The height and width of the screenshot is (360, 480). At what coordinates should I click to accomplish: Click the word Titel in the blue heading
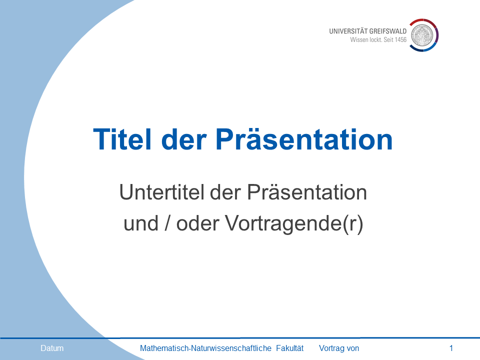122,139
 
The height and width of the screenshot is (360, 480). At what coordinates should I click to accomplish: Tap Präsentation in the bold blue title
304,139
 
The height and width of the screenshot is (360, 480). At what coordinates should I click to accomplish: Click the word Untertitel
161,192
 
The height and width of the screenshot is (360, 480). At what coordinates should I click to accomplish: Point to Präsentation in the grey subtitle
306,192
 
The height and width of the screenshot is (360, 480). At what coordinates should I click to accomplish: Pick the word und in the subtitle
141,223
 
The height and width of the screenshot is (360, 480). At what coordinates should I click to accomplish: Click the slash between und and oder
167,223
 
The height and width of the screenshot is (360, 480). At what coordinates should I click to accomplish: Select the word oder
198,223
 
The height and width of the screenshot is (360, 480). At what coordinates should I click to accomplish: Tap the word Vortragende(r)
294,224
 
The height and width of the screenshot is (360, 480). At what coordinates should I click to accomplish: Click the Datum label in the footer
52,348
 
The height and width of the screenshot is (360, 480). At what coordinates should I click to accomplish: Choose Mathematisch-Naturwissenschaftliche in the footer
205,348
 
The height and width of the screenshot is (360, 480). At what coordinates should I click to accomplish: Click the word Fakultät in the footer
290,348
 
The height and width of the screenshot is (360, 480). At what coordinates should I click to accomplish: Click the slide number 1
451,348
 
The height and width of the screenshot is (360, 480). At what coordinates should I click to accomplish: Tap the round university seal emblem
422,35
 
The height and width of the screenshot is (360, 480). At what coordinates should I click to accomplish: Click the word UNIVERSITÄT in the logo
348,31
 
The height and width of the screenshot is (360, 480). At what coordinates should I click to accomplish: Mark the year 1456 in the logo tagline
400,40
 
